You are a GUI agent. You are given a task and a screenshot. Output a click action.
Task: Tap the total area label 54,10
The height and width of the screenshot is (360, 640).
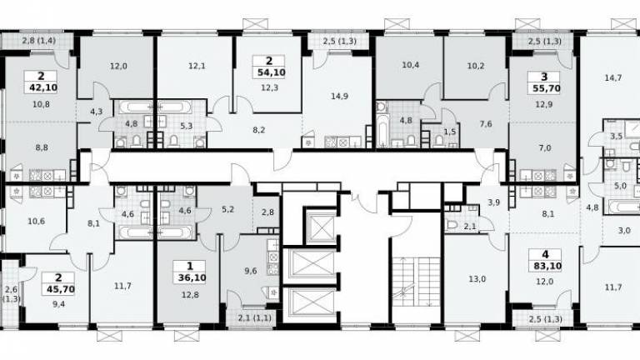point(271,72)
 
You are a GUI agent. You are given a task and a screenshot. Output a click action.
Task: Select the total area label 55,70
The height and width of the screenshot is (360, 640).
point(547,88)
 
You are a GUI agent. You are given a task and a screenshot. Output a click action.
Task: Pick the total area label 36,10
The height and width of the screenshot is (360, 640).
point(192,278)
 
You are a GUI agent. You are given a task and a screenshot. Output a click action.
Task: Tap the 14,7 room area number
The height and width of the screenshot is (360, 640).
point(613,77)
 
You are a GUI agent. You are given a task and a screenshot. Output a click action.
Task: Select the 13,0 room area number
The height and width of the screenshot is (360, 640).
point(477,279)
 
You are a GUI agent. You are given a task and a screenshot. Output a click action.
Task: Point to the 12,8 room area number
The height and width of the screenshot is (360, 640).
point(190,295)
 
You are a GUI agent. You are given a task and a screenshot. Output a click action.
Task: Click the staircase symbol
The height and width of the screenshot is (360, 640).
point(417,282)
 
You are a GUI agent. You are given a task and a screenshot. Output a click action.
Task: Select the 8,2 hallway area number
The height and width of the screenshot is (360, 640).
point(259,130)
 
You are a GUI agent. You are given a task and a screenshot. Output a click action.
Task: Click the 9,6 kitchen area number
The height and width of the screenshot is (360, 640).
point(251,271)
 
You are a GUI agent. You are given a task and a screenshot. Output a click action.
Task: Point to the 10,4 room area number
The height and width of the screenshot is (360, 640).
point(411,65)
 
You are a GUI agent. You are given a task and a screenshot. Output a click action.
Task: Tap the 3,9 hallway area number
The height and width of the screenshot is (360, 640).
point(494,202)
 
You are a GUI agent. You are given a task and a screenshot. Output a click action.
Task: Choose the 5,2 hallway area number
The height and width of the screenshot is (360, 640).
point(227,210)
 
